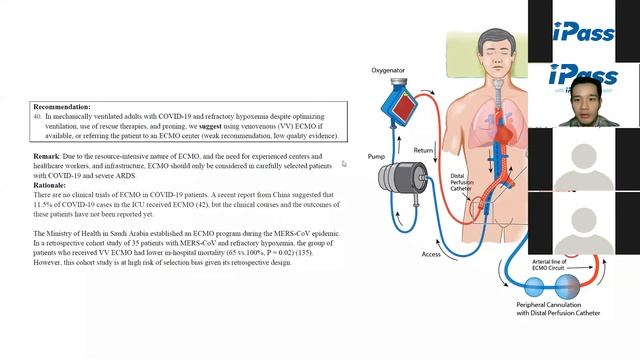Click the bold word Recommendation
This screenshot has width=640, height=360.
(61, 106)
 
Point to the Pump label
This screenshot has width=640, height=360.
(376, 157)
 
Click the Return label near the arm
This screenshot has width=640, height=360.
(424, 151)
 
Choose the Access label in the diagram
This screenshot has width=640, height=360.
(431, 254)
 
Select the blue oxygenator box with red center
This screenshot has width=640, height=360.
(399, 100)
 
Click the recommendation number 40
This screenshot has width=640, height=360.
(38, 116)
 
